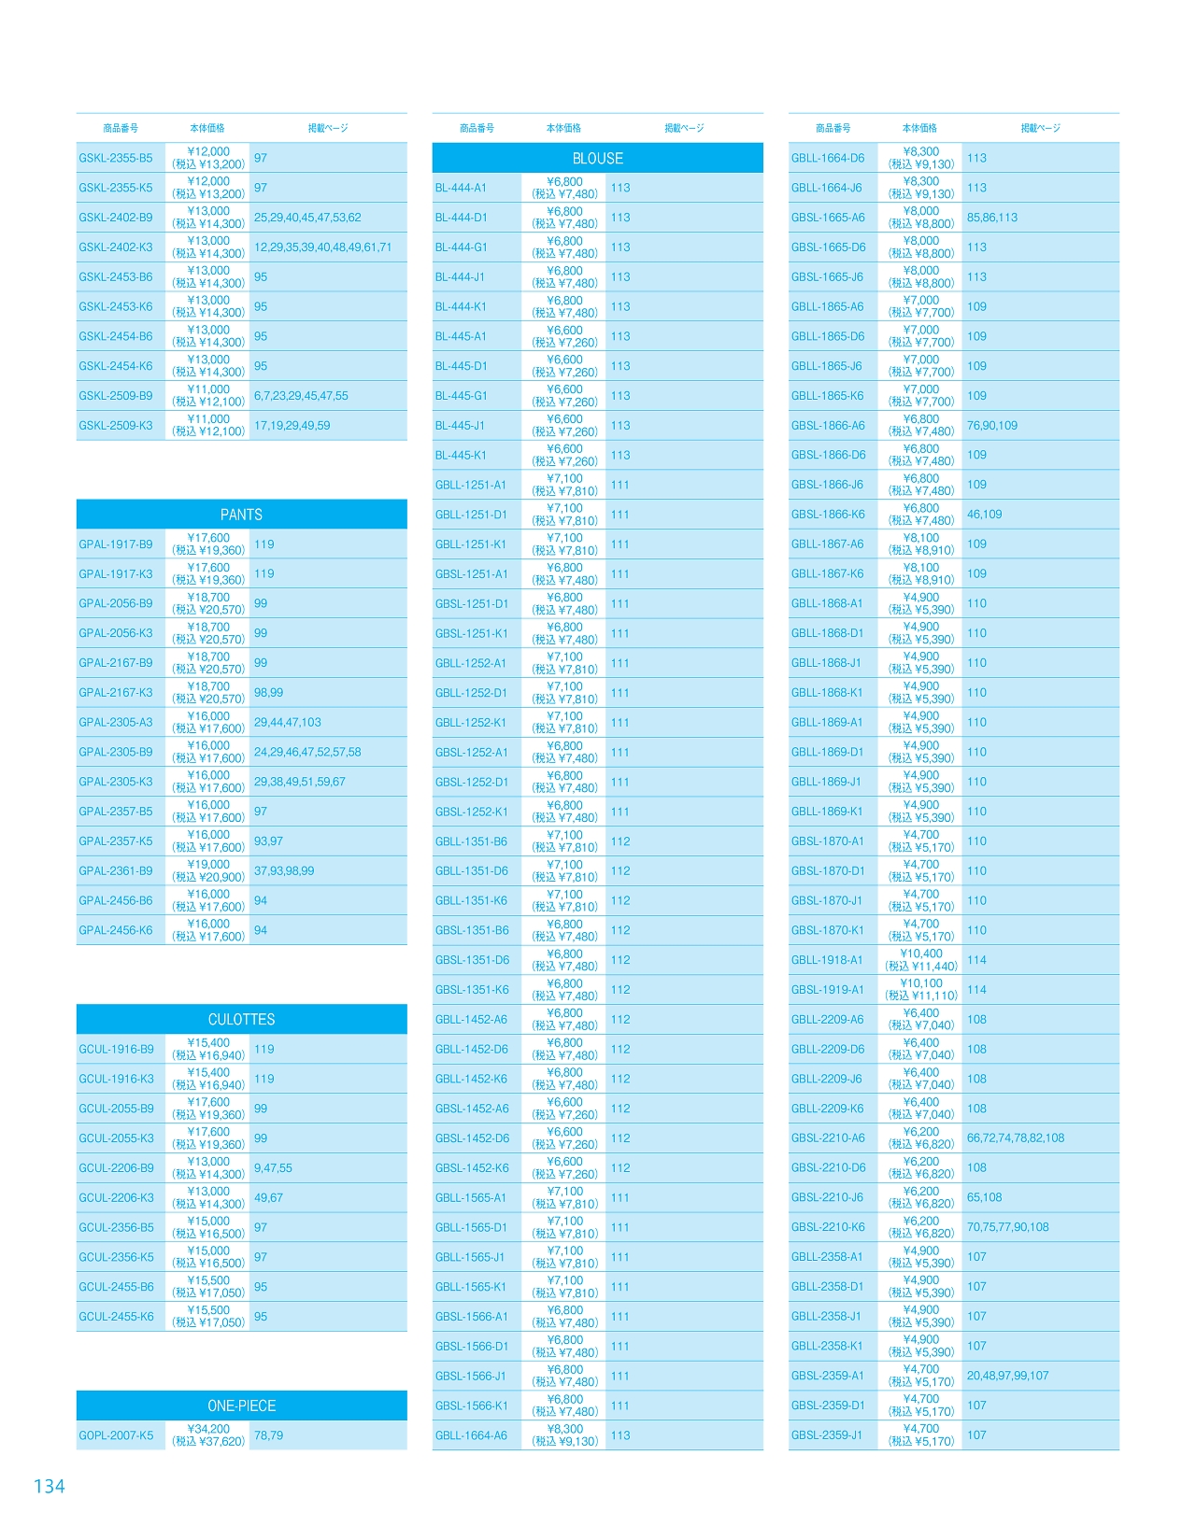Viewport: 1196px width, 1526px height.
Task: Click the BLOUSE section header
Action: pyautogui.click(x=597, y=159)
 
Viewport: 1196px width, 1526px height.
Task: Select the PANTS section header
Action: pyautogui.click(x=241, y=515)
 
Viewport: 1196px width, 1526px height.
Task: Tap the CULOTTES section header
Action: pyautogui.click(x=241, y=1020)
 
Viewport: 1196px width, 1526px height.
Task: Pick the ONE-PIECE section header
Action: pyautogui.click(x=241, y=1406)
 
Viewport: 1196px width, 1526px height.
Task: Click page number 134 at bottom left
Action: pyautogui.click(x=49, y=1486)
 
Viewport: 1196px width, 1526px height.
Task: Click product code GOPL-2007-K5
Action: pyautogui.click(x=116, y=1435)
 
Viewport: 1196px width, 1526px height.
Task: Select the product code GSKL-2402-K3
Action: pyautogui.click(x=116, y=247)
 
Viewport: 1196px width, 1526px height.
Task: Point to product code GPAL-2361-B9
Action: pyautogui.click(x=116, y=871)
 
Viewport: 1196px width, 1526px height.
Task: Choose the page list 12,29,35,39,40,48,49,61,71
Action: pyautogui.click(x=323, y=247)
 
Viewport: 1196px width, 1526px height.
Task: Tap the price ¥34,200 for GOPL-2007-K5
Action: pyautogui.click(x=208, y=1429)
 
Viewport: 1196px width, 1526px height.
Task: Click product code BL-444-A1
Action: pyautogui.click(x=461, y=188)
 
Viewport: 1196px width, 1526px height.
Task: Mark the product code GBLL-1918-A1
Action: pyautogui.click(x=827, y=960)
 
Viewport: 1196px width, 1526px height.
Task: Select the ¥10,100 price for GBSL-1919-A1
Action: pyautogui.click(x=921, y=983)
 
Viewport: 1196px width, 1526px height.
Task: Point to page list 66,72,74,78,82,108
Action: pyautogui.click(x=1016, y=1138)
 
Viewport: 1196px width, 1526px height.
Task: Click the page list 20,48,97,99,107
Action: pyautogui.click(x=1007, y=1376)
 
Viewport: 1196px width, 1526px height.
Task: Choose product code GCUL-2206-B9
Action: pyautogui.click(x=116, y=1168)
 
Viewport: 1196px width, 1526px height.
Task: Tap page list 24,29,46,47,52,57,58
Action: pyautogui.click(x=307, y=752)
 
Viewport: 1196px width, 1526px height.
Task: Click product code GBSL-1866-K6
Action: pyautogui.click(x=828, y=515)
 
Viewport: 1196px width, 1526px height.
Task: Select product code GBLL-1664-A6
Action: pyautogui.click(x=471, y=1435)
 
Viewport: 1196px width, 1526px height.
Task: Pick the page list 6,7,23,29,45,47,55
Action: pyautogui.click(x=301, y=396)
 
